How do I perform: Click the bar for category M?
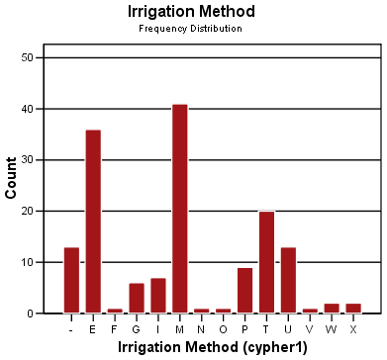(180, 209)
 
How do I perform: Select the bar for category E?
(93, 222)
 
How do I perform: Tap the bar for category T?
(266, 262)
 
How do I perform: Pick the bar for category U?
(288, 280)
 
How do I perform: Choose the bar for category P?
(244, 290)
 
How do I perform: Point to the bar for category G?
(137, 298)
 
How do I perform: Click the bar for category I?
(158, 296)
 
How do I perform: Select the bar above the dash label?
(71, 280)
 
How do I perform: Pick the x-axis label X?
(353, 329)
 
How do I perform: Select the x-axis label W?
(332, 329)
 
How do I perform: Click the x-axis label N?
(202, 329)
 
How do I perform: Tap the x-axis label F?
(115, 329)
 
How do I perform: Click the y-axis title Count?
(12, 178)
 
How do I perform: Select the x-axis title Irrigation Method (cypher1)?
(212, 348)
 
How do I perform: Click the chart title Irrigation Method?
(192, 12)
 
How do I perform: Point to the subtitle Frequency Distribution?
(192, 29)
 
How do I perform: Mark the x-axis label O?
(224, 329)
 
